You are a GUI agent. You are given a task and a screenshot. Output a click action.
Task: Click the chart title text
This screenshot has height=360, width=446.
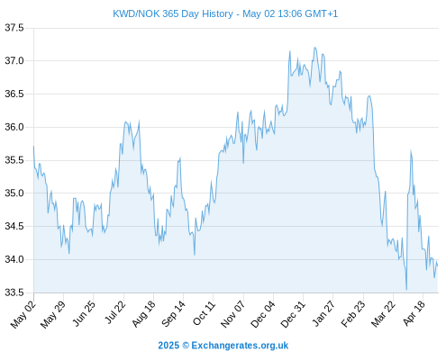coord(225,13)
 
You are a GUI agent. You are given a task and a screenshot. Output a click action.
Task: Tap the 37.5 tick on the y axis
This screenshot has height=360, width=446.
coord(14,28)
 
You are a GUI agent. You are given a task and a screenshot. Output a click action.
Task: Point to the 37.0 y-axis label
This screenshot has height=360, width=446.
coord(14,61)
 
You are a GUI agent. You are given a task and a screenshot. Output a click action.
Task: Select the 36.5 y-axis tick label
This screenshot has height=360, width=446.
coord(14,94)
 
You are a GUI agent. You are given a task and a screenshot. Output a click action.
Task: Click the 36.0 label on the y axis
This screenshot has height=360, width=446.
coord(14,127)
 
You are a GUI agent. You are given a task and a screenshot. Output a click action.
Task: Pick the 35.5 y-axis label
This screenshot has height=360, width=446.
coord(14,160)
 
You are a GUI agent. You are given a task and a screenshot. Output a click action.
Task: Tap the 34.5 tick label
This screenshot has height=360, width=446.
coord(14,226)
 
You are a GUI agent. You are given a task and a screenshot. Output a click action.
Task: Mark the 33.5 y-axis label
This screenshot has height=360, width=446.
coord(14,292)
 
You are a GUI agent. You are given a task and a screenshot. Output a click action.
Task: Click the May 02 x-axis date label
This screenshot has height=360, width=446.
coord(23,314)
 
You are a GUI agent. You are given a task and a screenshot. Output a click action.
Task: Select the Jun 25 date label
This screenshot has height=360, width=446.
coord(84,313)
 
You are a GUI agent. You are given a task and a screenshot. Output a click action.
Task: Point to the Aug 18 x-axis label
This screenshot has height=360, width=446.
coord(144,314)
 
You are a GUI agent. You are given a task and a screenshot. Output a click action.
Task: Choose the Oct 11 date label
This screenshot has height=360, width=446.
coord(204,313)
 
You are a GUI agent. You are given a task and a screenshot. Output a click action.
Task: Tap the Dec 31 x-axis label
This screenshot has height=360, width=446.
coord(293,314)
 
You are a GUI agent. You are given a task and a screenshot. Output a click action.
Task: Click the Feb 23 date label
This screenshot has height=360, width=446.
coord(353,314)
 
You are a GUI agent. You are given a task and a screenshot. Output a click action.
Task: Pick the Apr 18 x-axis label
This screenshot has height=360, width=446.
coord(414,313)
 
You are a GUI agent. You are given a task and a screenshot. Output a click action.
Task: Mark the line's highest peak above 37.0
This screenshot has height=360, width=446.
coord(314,48)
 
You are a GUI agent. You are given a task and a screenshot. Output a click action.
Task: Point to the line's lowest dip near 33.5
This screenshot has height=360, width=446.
coord(406,290)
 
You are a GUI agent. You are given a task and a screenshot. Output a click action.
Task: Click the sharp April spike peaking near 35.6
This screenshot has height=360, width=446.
coord(411,150)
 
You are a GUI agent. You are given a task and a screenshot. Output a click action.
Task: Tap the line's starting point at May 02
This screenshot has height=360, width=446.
coord(33,147)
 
